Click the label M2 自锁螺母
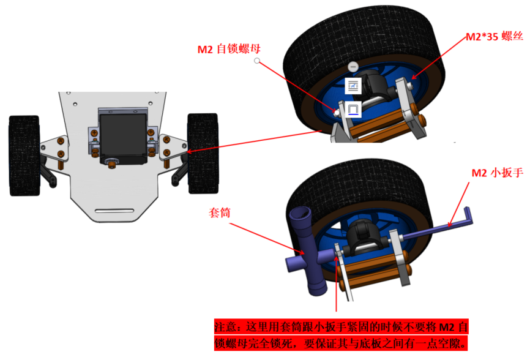click(x=229, y=49)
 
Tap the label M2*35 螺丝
click(x=495, y=36)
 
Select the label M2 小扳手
click(x=497, y=173)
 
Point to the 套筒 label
click(x=219, y=212)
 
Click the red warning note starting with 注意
click(x=341, y=335)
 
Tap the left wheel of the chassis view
click(x=24, y=156)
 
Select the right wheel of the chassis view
click(x=203, y=153)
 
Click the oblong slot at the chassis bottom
click(x=114, y=211)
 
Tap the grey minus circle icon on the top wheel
click(x=353, y=66)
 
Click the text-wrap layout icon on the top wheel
click(x=353, y=86)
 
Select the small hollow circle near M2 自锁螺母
click(x=257, y=61)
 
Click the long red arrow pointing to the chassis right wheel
click(x=253, y=141)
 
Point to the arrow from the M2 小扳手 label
click(x=458, y=204)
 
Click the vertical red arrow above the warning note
click(x=337, y=283)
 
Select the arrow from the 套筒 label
click(x=267, y=239)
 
